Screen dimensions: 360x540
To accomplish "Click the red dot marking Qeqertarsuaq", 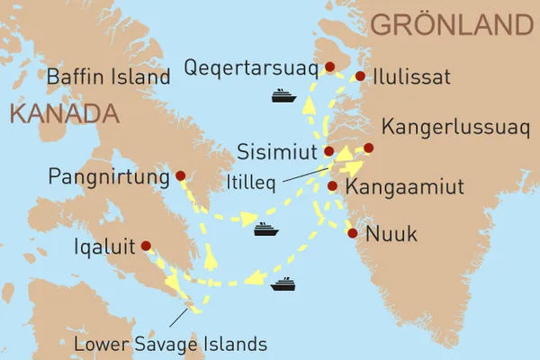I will click(x=329, y=67).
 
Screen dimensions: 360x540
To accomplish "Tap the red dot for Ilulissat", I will click(x=360, y=76).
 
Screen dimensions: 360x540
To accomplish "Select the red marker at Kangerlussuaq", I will click(x=367, y=148).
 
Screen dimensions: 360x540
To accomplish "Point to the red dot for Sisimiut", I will click(x=328, y=151).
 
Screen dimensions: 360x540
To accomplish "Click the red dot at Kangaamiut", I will click(x=332, y=186).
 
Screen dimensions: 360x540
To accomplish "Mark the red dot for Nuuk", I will click(x=352, y=234).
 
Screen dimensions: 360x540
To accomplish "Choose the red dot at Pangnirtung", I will click(x=180, y=175).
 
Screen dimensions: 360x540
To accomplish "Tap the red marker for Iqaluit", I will click(x=146, y=245).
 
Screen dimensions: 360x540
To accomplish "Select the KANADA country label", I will click(x=63, y=114).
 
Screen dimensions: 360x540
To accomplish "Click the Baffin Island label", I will click(x=109, y=77).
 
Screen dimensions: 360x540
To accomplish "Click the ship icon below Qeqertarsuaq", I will click(x=284, y=94).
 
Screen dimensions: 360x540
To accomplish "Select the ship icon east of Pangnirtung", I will click(x=266, y=229).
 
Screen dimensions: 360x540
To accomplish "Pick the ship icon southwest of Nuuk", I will click(x=283, y=284).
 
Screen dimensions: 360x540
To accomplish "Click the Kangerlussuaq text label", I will click(x=450, y=127).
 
